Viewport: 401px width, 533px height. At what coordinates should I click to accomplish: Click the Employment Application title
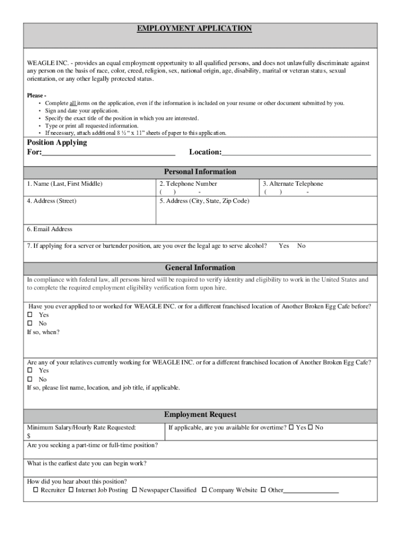click(x=194, y=29)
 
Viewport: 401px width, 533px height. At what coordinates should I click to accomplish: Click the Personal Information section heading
click(x=200, y=172)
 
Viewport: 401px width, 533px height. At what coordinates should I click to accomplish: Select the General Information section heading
click(x=200, y=268)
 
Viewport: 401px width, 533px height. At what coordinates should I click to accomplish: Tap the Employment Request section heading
click(x=200, y=415)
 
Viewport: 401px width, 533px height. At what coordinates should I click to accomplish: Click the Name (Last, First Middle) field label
click(x=65, y=184)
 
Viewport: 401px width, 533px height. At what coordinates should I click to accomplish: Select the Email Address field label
click(x=50, y=229)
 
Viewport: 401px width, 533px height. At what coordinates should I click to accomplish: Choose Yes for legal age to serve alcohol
click(x=284, y=246)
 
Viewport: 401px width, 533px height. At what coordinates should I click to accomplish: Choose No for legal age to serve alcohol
click(x=302, y=246)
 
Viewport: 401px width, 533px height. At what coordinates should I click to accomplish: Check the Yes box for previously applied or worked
click(x=30, y=314)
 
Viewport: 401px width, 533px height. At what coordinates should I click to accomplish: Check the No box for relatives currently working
click(x=30, y=379)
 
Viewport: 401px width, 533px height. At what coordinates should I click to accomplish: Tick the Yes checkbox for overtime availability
click(x=292, y=427)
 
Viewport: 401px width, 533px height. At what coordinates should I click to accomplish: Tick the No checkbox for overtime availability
click(x=310, y=427)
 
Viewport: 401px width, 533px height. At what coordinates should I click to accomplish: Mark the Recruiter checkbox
click(x=35, y=490)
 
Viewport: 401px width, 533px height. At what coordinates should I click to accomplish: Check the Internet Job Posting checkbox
click(x=71, y=490)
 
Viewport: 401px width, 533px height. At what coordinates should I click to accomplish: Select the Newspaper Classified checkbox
click(x=134, y=490)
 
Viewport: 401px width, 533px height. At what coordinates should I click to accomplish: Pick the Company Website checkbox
click(x=204, y=490)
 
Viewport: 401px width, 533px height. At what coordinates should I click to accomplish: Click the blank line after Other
click(x=311, y=491)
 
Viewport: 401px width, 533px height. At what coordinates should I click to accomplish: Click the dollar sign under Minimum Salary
click(x=29, y=436)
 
